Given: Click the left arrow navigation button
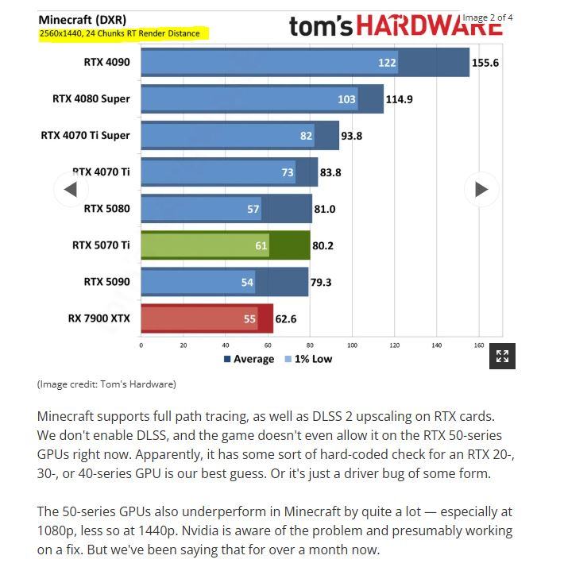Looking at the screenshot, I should coord(71,189).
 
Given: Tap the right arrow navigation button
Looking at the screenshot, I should coord(481,189).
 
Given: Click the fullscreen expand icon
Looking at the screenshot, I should coord(502,356).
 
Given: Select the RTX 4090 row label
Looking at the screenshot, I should coord(106,63).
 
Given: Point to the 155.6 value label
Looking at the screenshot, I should coord(485,63).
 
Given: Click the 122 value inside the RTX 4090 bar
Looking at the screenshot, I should coord(387,63).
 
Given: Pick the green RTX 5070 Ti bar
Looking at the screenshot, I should coord(225,245).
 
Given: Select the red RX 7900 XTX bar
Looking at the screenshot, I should coord(207,318).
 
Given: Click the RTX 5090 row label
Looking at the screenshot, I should coord(106,282).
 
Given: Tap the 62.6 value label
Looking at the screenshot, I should coord(286,318).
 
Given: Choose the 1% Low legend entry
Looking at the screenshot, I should coord(308,359).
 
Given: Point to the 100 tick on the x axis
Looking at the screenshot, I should coord(352,345).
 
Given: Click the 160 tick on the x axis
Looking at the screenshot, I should coord(479,345).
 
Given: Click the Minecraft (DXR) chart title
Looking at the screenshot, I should coord(82,19).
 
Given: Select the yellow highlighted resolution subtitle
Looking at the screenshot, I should coord(124,33).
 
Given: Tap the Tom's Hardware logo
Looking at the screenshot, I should coord(395,26).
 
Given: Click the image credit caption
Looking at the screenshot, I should coord(106,384).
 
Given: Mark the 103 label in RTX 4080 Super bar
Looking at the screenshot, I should coord(346,99).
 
